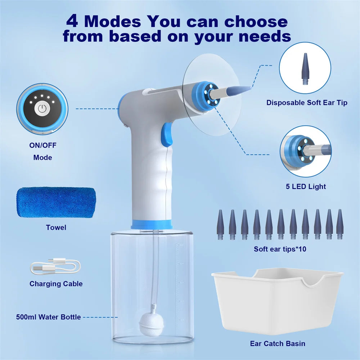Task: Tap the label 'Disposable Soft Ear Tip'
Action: (307, 103)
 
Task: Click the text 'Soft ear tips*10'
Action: (280, 249)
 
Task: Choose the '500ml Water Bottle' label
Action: (48, 317)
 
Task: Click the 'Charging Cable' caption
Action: (56, 284)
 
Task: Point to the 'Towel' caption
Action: (56, 228)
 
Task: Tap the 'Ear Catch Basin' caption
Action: (278, 343)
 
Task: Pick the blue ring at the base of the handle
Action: (151, 224)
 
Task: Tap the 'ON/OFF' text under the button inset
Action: (42, 145)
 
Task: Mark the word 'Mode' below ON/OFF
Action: (42, 157)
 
